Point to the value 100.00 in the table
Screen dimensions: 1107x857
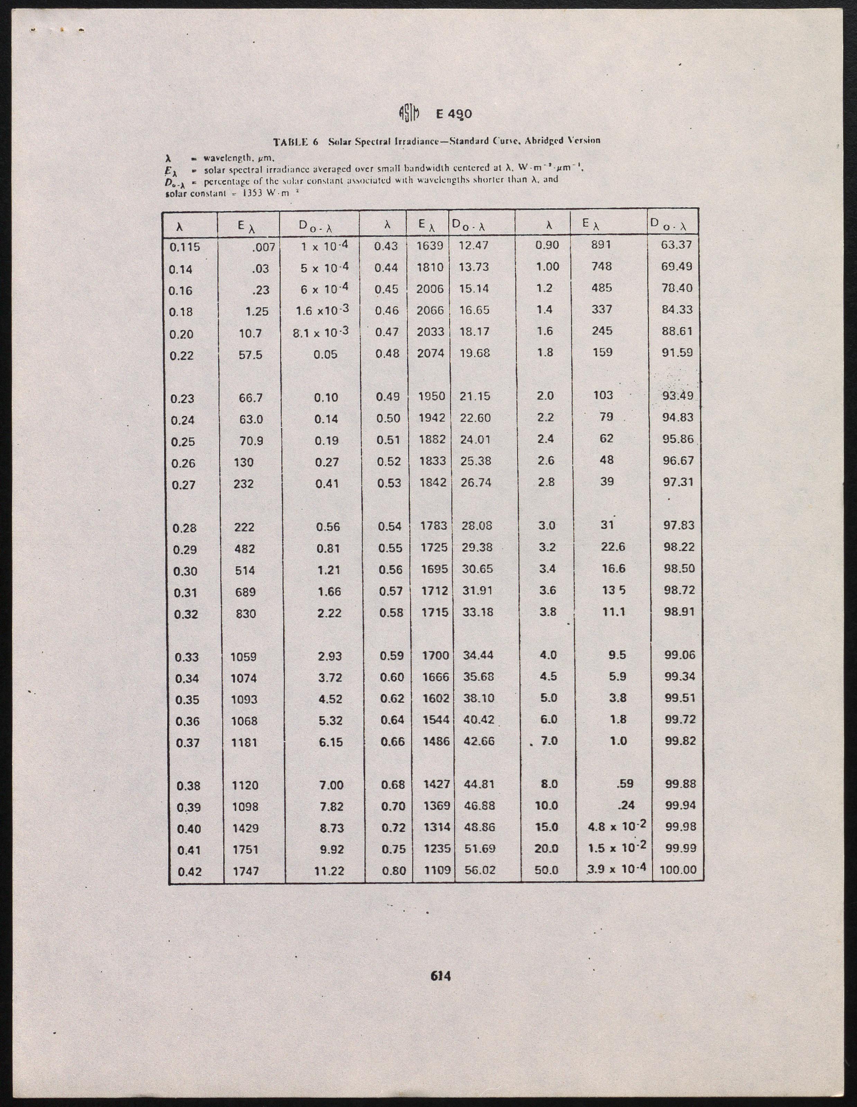(678, 870)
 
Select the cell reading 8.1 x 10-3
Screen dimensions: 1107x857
(321, 333)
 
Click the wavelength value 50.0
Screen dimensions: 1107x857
(546, 870)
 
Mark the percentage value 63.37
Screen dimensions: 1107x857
(677, 245)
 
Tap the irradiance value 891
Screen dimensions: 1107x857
(602, 245)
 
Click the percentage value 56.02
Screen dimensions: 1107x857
(480, 870)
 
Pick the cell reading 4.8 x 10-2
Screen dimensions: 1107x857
(617, 826)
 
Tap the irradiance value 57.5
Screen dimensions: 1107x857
(251, 355)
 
